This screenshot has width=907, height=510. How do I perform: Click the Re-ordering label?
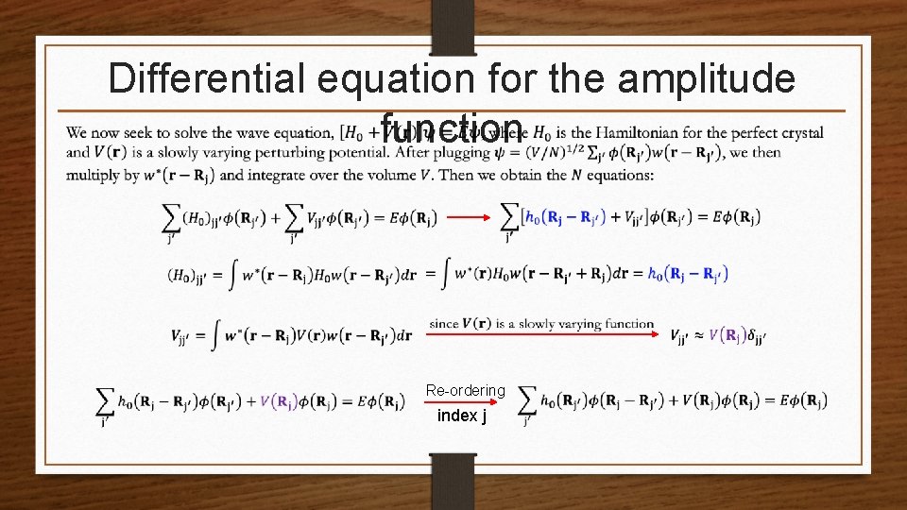(x=466, y=390)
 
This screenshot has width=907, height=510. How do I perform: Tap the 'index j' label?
(x=462, y=416)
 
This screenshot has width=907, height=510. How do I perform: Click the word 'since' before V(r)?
(x=443, y=324)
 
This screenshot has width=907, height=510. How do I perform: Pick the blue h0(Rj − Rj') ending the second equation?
(x=687, y=274)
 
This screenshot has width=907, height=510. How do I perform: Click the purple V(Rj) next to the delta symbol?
(x=731, y=335)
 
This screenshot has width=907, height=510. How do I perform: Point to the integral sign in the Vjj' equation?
(x=217, y=334)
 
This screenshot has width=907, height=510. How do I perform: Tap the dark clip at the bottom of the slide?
(x=453, y=482)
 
